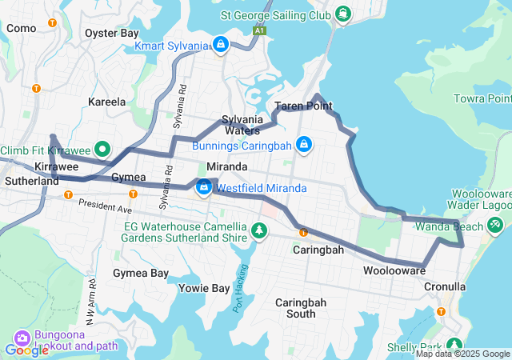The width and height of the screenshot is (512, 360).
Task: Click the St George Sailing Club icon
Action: pyautogui.click(x=343, y=14)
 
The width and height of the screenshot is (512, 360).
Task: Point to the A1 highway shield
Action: pyautogui.click(x=258, y=30)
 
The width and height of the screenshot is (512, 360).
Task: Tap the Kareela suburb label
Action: pyautogui.click(x=107, y=102)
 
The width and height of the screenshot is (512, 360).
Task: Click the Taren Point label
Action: pyautogui.click(x=303, y=106)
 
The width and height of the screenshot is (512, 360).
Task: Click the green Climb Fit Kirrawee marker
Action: pyautogui.click(x=102, y=150)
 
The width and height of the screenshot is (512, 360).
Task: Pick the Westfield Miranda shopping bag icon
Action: pyautogui.click(x=204, y=188)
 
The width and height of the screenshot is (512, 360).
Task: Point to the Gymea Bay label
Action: pyautogui.click(x=141, y=274)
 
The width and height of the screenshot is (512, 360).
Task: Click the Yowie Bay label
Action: pyautogui.click(x=204, y=288)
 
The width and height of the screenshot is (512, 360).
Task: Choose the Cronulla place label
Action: pyautogui.click(x=445, y=286)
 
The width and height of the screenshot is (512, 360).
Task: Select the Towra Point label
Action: pyautogui.click(x=482, y=98)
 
